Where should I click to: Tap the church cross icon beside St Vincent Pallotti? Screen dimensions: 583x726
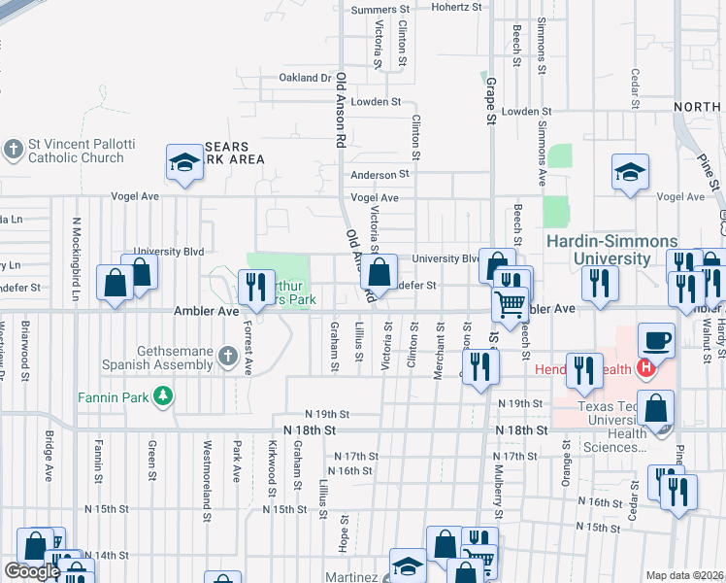13,151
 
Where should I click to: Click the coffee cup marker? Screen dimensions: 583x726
656,340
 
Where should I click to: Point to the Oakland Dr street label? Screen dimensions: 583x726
305,78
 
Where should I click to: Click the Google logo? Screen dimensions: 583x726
31,571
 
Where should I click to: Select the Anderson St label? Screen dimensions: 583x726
374,175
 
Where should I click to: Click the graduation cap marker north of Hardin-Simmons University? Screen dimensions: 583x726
629,173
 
